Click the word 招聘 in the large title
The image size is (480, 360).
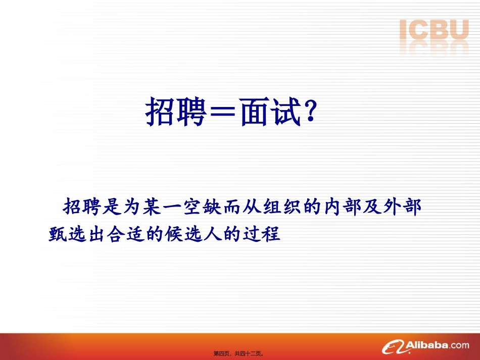[176, 112]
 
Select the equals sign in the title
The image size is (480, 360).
[223, 113]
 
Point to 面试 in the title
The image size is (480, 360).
[270, 112]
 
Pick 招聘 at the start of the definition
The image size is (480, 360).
[79, 207]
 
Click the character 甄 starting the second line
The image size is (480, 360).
[57, 234]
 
